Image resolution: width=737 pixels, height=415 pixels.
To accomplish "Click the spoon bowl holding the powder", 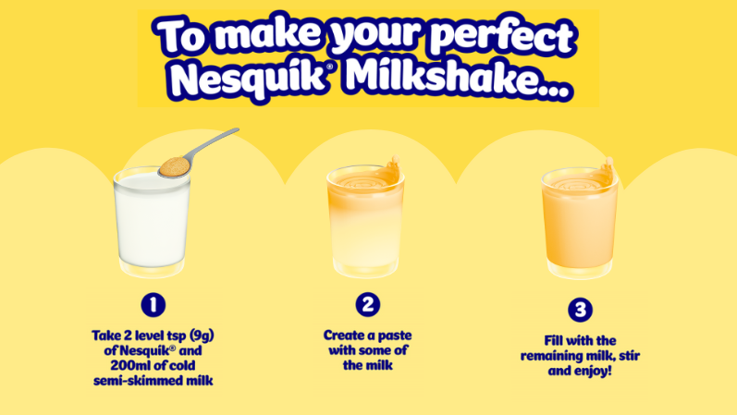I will [172, 166].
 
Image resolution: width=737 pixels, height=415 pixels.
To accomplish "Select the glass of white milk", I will [152, 222].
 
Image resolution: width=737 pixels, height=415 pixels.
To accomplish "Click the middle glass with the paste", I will [367, 222].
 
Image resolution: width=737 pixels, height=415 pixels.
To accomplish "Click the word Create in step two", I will [343, 334].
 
